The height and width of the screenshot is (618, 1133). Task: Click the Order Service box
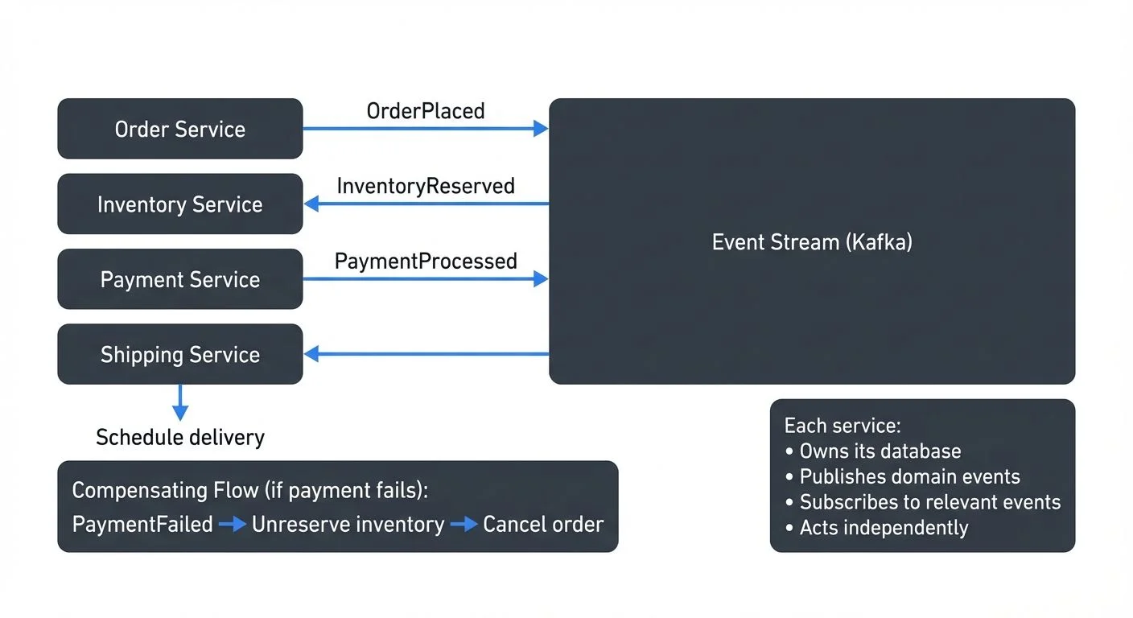(x=180, y=129)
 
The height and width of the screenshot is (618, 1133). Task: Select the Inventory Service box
(x=180, y=204)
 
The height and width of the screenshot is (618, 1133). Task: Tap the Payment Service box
(x=180, y=279)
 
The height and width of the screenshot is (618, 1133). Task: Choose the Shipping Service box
(x=180, y=355)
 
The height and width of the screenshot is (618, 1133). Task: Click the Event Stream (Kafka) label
(x=812, y=242)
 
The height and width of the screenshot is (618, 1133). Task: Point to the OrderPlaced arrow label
(x=426, y=111)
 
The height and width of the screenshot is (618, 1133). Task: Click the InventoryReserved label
(x=426, y=186)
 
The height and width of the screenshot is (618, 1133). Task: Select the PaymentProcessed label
(x=426, y=262)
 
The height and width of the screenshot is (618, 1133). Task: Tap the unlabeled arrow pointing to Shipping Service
(x=426, y=354)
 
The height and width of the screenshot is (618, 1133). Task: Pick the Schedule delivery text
(x=180, y=437)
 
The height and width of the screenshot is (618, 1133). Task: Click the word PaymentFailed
(x=142, y=525)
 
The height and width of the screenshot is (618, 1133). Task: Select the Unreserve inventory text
(x=348, y=525)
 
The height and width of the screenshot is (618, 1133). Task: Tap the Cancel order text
(x=543, y=525)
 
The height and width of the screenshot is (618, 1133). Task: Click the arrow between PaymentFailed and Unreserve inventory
(x=233, y=525)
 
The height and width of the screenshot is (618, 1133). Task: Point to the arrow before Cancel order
(x=463, y=525)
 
